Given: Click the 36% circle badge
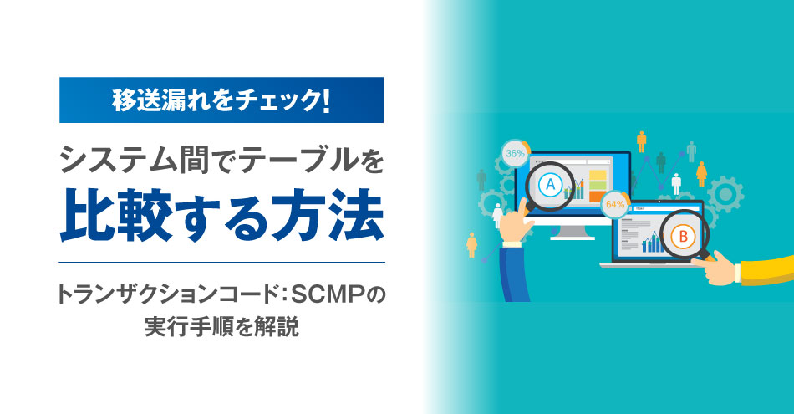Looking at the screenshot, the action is tap(516, 153).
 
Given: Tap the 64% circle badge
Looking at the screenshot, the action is tap(615, 204).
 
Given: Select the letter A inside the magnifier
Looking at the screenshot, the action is tap(551, 185).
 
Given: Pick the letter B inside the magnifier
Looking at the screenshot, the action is tap(683, 237).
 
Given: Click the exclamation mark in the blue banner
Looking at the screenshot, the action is tap(325, 100).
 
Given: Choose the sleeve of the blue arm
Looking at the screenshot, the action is tap(515, 273).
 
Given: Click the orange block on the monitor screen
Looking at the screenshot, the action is tap(598, 196).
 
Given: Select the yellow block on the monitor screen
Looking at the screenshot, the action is tap(598, 176).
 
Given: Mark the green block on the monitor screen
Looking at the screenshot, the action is tap(598, 186).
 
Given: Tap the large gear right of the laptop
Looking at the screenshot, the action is tap(725, 193).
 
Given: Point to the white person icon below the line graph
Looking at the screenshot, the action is tap(676, 184).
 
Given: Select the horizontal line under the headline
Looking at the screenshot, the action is tap(221, 262).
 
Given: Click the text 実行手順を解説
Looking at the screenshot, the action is tap(221, 327).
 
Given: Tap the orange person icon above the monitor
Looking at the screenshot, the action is tap(642, 141).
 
